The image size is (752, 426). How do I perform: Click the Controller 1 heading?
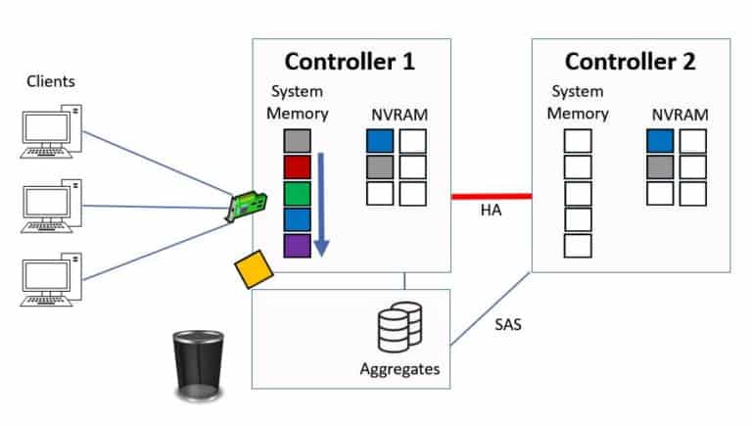click(x=351, y=62)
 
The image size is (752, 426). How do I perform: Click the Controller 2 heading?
click(x=630, y=62)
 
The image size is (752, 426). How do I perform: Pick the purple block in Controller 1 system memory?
click(x=297, y=245)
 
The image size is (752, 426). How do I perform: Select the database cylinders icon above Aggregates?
click(x=399, y=327)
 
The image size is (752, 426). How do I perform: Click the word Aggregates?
click(x=399, y=369)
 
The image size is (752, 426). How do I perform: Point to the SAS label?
click(x=507, y=323)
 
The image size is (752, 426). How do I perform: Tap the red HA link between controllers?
click(x=491, y=196)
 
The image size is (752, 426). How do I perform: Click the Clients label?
click(x=51, y=81)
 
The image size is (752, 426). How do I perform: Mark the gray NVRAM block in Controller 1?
click(x=380, y=167)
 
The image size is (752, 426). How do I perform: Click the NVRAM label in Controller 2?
click(x=680, y=115)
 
